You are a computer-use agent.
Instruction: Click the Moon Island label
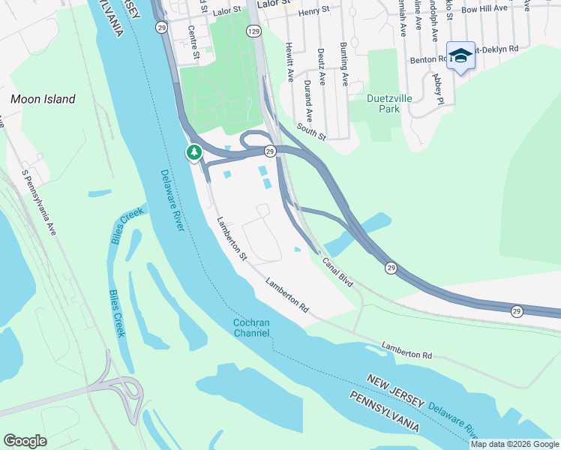(43, 99)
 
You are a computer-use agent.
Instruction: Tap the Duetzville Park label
(393, 103)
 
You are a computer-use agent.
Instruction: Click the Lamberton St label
(232, 238)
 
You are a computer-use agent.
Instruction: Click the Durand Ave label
(307, 101)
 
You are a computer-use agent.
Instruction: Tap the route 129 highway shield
(254, 31)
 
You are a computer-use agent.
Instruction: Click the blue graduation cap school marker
(460, 55)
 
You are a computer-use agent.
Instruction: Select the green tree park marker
(194, 152)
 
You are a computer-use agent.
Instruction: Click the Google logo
(25, 441)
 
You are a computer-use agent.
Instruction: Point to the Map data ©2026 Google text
(514, 444)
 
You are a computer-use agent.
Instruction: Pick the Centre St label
(193, 43)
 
